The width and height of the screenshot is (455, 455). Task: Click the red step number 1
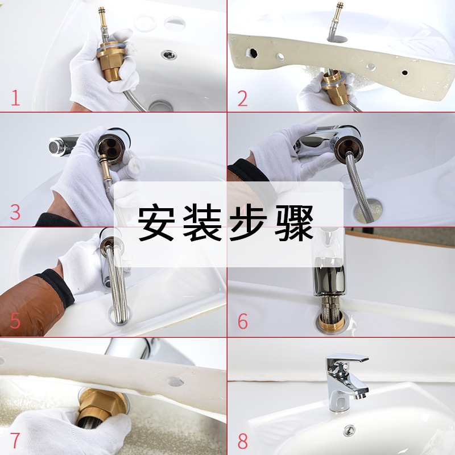click(16, 97)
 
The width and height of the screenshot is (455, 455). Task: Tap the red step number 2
click(243, 98)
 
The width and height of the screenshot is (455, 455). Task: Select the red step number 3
click(15, 212)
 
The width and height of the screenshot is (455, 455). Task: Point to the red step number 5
click(15, 321)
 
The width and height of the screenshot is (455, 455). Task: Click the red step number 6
click(243, 321)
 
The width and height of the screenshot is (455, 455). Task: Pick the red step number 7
click(15, 440)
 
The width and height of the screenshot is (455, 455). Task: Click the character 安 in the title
click(156, 222)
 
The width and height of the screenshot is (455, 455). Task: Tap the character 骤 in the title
click(294, 222)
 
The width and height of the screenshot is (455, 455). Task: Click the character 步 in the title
click(248, 222)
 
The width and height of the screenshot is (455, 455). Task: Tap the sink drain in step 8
click(349, 430)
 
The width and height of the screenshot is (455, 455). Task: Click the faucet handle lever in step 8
click(348, 359)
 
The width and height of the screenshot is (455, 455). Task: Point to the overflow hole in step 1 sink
click(175, 22)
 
